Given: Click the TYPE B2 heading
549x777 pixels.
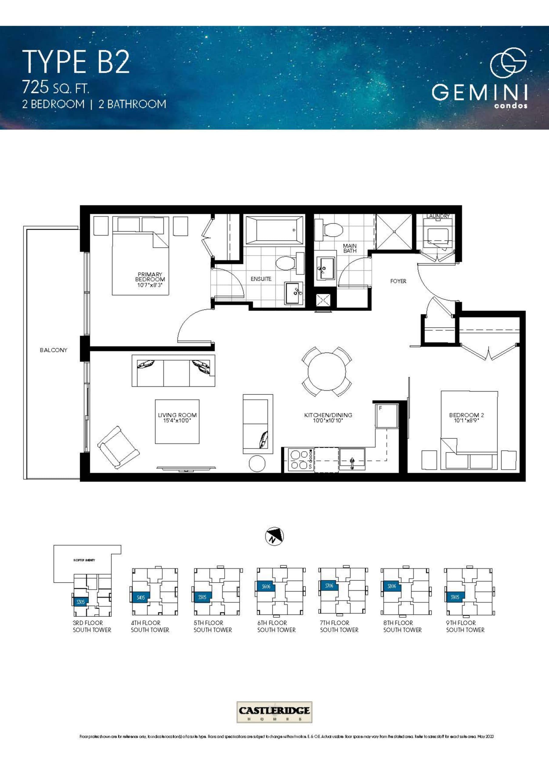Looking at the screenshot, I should [76, 62].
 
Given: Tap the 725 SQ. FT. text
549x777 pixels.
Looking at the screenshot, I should [56, 88].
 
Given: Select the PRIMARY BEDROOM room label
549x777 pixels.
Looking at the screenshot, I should [150, 277].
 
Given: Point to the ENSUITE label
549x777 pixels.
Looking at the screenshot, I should [261, 279].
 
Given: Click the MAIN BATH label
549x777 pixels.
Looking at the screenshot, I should [350, 248].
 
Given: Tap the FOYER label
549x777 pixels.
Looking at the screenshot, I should [398, 281].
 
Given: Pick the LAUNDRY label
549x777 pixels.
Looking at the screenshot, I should [438, 216].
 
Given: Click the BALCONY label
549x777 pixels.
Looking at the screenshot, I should [53, 350].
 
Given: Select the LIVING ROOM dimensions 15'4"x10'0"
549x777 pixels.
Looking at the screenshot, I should [177, 421].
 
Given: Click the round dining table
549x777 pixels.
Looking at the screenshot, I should [327, 371].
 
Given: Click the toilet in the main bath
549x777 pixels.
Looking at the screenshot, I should [330, 230].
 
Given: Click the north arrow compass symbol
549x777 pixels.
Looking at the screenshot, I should [274, 536].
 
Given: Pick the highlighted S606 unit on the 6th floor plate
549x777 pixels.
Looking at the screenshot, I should [266, 586].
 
